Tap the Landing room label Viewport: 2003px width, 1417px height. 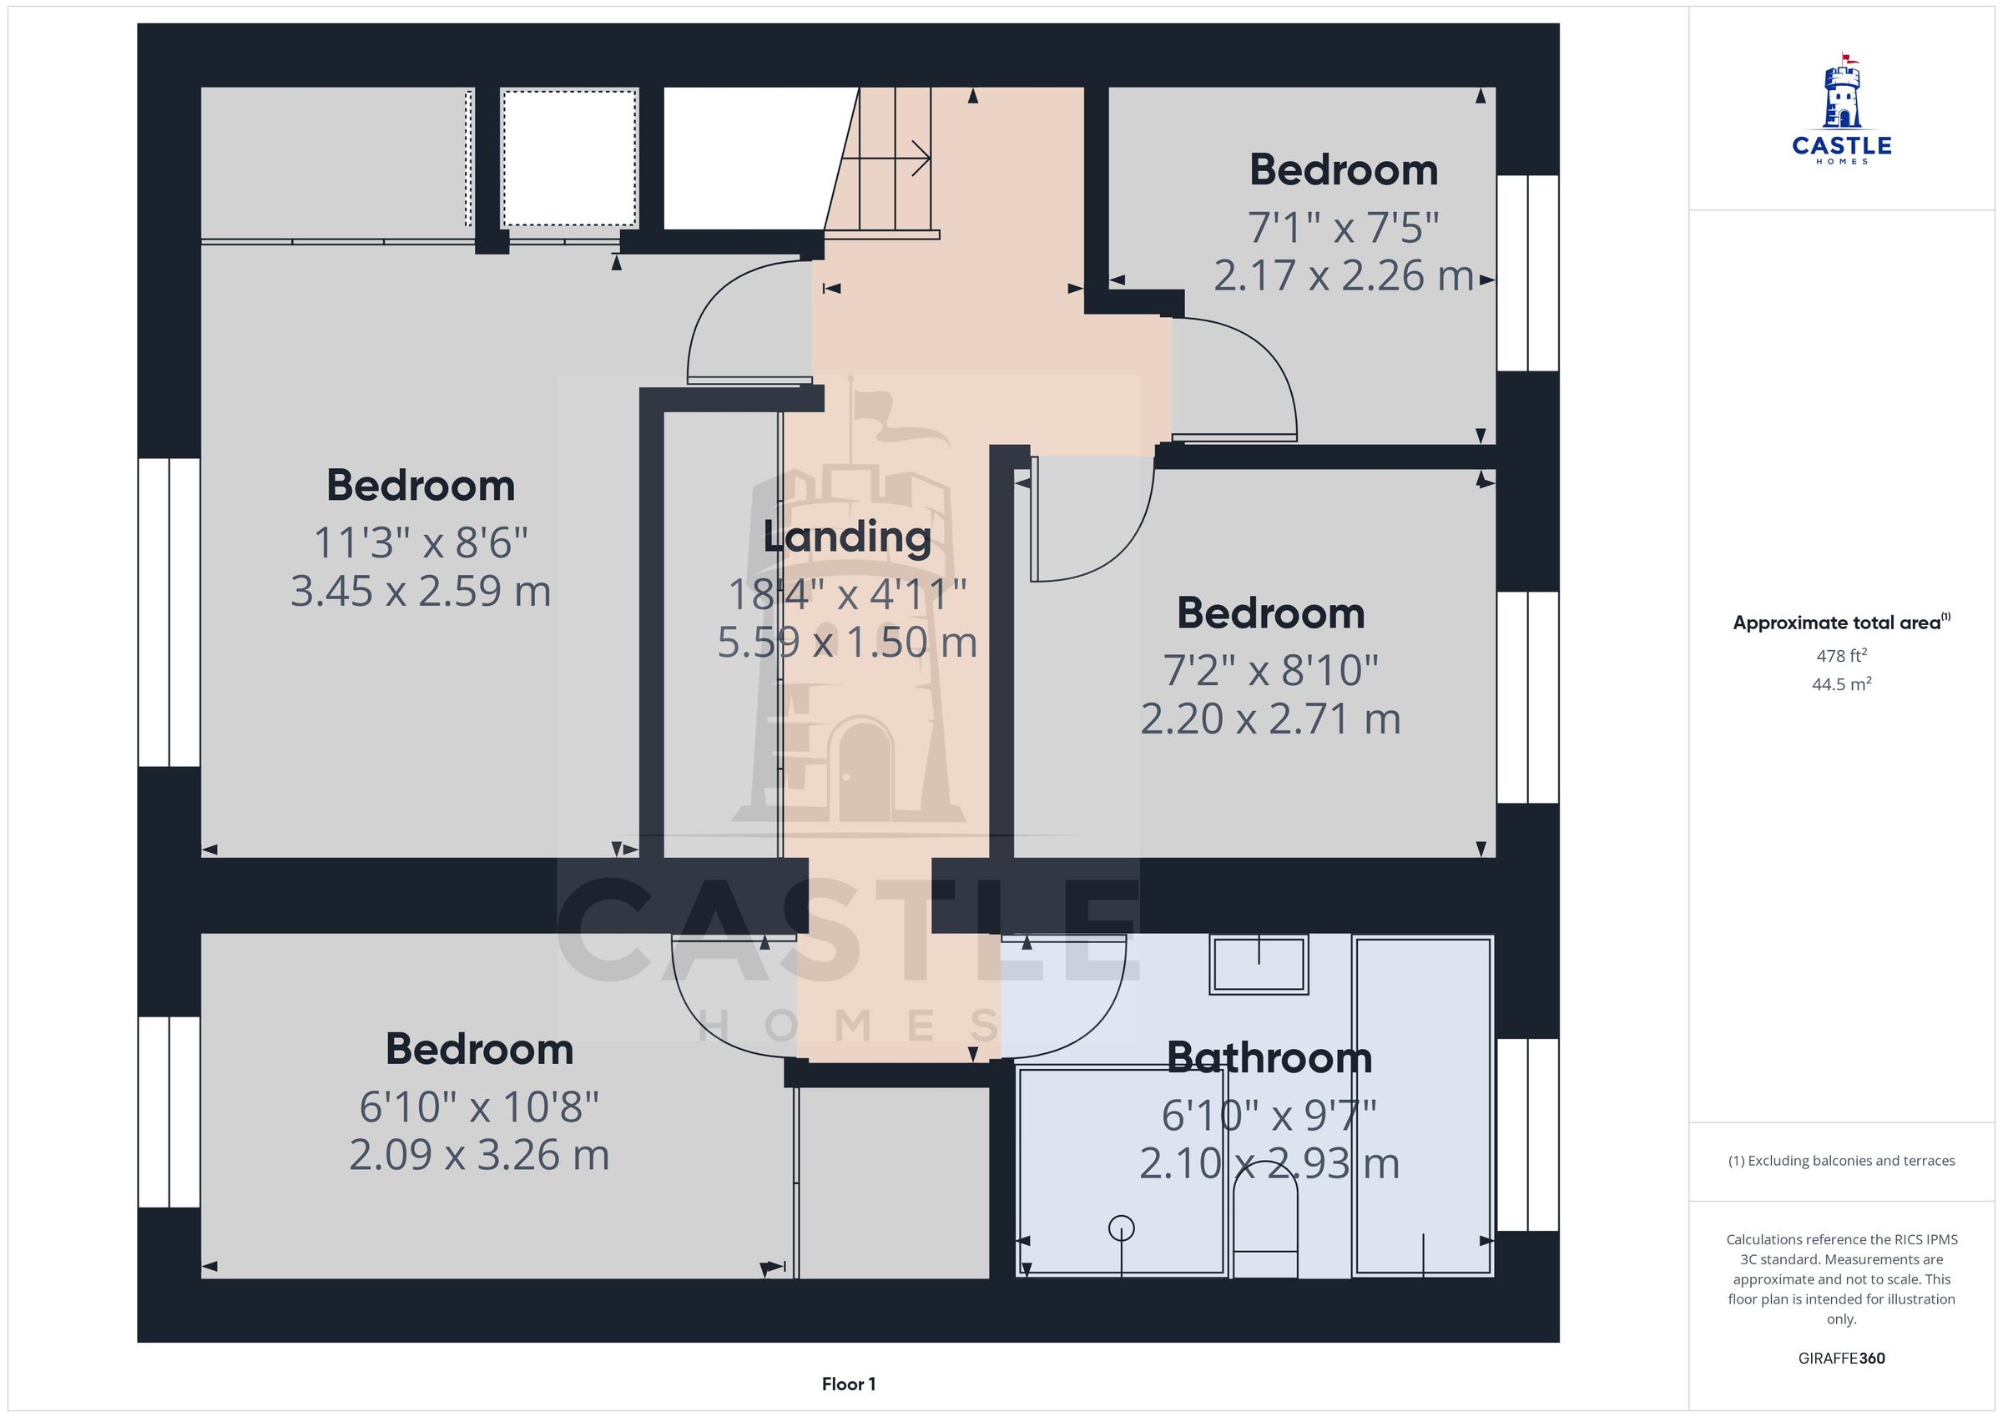tap(847, 537)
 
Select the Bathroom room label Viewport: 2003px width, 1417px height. tap(1269, 1057)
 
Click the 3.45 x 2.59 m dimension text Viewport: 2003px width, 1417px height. tap(421, 592)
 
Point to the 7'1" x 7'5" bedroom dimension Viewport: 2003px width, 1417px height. tap(1344, 228)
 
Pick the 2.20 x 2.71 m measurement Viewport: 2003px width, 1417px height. tap(1270, 720)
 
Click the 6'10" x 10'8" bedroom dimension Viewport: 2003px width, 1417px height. tap(479, 1107)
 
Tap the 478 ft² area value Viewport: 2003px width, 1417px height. tap(1842, 655)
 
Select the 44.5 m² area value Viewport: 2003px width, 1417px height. tap(1842, 684)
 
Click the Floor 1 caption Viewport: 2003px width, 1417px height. tap(848, 1384)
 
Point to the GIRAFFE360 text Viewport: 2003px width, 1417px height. tap(1842, 1359)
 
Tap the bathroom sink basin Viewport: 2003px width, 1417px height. tap(1259, 964)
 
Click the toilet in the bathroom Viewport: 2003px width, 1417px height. tap(1265, 1230)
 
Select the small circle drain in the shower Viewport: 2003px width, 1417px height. tap(1121, 1228)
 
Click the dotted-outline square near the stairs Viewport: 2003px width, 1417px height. tap(569, 158)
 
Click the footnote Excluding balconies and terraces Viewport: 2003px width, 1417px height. tap(1842, 1161)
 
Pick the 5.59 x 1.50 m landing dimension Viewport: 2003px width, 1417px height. tap(847, 643)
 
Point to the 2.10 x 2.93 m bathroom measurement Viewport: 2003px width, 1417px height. tap(1269, 1164)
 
